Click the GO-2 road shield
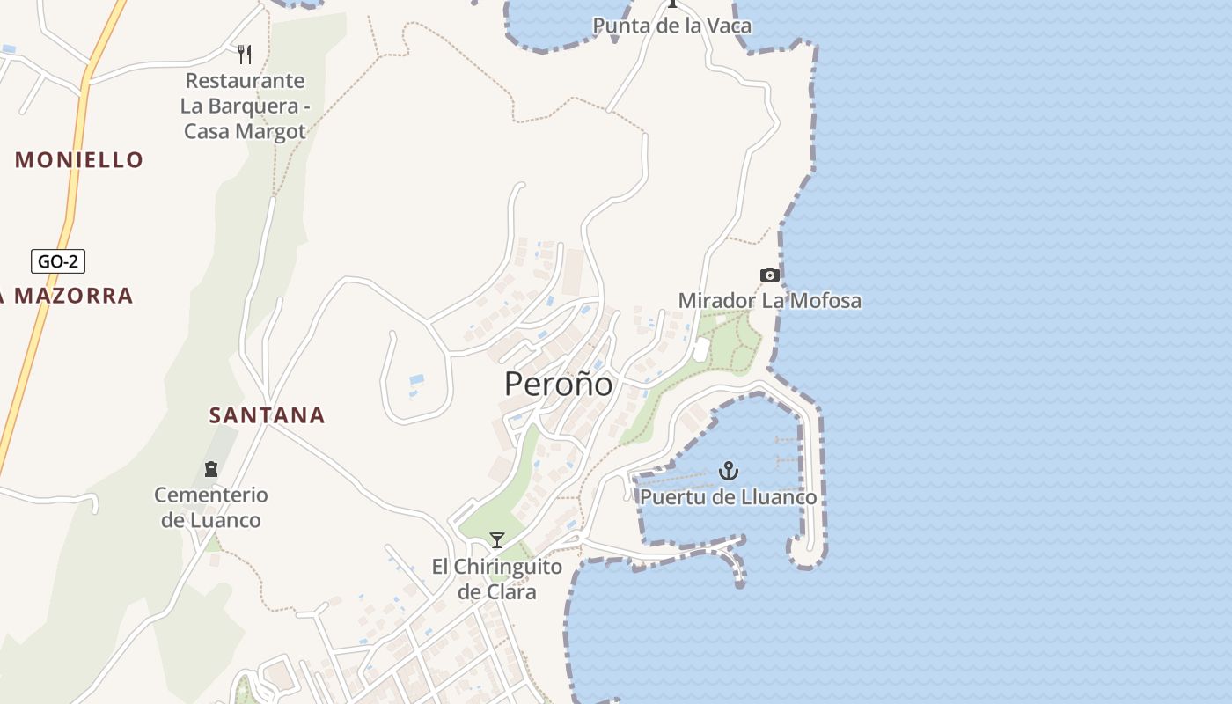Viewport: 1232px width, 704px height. click(x=58, y=261)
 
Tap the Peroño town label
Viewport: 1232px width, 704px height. click(x=558, y=384)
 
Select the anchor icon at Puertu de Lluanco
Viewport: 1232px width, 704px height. click(x=728, y=471)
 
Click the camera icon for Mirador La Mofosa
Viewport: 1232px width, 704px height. click(x=770, y=275)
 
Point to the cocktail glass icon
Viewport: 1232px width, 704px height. click(x=497, y=539)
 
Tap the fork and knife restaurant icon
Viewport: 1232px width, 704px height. click(x=245, y=55)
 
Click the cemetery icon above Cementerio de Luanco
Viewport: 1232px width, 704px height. click(x=211, y=468)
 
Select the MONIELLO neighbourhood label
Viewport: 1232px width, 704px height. click(x=79, y=160)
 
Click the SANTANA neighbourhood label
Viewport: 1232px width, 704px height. click(x=267, y=415)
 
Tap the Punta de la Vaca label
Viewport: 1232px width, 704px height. click(x=672, y=26)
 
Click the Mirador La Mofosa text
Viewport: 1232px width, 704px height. click(x=769, y=301)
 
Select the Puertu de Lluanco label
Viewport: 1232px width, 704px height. click(x=728, y=497)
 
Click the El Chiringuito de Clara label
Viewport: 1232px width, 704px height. click(x=496, y=578)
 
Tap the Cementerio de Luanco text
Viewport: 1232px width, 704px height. click(x=211, y=508)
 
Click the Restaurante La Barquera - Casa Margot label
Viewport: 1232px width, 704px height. click(x=244, y=106)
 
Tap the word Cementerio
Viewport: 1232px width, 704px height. click(x=211, y=495)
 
